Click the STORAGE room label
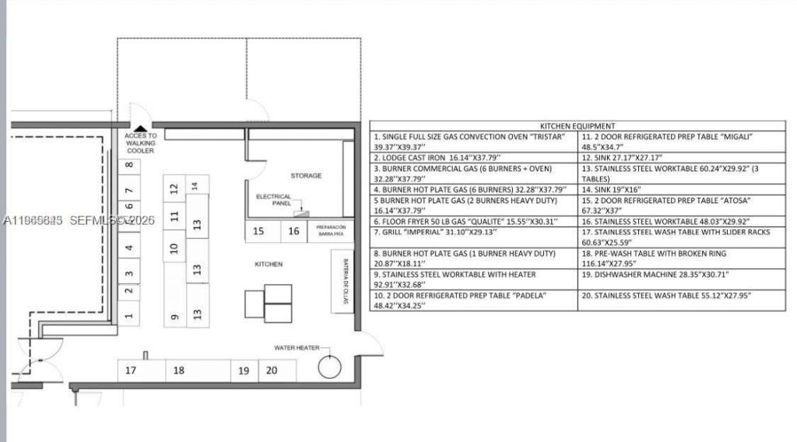(x=306, y=176)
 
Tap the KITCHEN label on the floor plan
(x=269, y=265)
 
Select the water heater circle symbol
(x=330, y=365)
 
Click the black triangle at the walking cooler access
(x=140, y=129)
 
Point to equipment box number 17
(x=131, y=370)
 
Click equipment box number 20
(x=272, y=370)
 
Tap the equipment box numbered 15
(x=258, y=231)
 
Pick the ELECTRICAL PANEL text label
(x=273, y=200)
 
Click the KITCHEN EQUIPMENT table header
(x=578, y=125)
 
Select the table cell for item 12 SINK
(x=681, y=157)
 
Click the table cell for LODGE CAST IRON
(x=473, y=157)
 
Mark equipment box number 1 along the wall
(x=129, y=316)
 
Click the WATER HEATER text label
(x=295, y=348)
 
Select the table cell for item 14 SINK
(x=681, y=189)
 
